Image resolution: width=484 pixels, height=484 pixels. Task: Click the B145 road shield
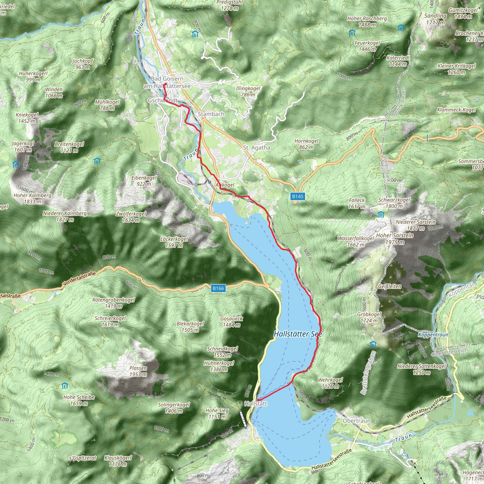pos(298,196)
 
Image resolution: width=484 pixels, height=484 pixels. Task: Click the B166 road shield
pos(218,288)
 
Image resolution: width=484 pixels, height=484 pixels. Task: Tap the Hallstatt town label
pos(256,404)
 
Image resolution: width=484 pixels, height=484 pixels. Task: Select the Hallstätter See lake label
pos(298,334)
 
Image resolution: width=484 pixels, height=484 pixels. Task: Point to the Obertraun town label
pos(356,421)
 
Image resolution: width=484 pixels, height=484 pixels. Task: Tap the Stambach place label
pos(211,114)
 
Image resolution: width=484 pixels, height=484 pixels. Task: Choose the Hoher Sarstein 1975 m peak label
pos(395,238)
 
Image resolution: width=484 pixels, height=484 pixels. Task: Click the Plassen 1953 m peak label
pos(138,371)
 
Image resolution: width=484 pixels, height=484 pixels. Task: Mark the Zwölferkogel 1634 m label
pos(131,217)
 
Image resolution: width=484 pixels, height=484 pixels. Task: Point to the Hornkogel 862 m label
pos(306,144)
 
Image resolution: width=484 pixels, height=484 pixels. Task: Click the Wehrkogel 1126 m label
pos(330,383)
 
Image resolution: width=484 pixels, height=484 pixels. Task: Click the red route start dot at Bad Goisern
pos(165,84)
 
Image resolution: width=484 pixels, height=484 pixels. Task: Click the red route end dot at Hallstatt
pos(258,400)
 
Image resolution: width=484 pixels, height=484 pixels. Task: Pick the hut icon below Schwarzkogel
pos(381,214)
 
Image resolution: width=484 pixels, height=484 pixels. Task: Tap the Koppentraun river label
pos(433,335)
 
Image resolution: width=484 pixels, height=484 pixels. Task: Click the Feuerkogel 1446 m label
pos(367,46)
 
